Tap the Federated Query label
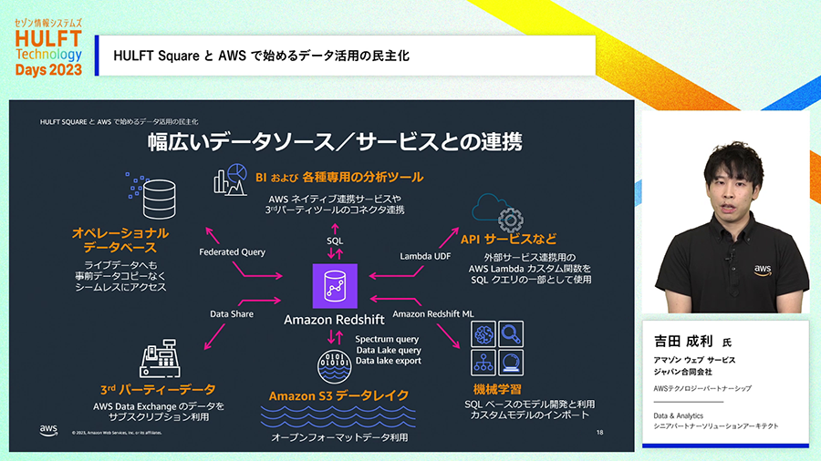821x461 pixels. point(232,251)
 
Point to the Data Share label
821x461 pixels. point(232,313)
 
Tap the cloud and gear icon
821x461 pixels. point(499,211)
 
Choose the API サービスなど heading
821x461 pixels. point(508,240)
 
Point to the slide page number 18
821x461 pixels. point(599,431)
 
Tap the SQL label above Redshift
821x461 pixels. point(335,241)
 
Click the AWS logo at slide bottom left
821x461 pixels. point(49,429)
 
